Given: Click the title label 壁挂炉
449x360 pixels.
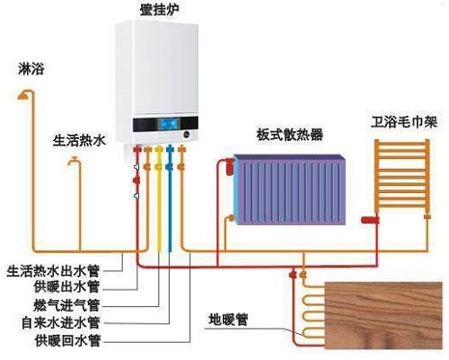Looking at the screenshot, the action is pyautogui.click(x=159, y=10).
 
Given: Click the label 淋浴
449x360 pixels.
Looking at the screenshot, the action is pyautogui.click(x=31, y=69).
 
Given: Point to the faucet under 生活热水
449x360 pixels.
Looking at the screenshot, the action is pyautogui.click(x=74, y=161).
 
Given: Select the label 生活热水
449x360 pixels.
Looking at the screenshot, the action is pyautogui.click(x=79, y=140).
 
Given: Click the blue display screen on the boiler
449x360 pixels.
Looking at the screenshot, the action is pyautogui.click(x=168, y=124).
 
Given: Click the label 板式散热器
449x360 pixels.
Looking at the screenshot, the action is pyautogui.click(x=290, y=135).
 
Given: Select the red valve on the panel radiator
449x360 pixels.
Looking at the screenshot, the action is pyautogui.click(x=230, y=167).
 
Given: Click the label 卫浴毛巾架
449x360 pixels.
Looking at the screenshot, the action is pyautogui.click(x=404, y=122).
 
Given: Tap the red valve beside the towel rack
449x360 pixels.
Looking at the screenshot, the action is pyautogui.click(x=370, y=220).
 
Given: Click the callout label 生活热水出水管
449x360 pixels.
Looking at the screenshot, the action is pyautogui.click(x=53, y=271).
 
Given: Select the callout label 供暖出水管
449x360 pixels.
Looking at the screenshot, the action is pyautogui.click(x=66, y=287).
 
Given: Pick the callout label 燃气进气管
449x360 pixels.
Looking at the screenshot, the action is pyautogui.click(x=66, y=305).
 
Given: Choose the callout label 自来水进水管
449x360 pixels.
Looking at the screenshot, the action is pyautogui.click(x=60, y=322).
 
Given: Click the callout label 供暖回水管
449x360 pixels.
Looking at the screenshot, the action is pyautogui.click(x=67, y=341).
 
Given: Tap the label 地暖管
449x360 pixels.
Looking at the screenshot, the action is pyautogui.click(x=228, y=320).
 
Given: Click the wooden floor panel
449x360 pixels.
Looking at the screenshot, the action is pyautogui.click(x=383, y=315).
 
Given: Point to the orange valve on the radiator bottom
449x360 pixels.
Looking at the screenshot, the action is pyautogui.click(x=230, y=218).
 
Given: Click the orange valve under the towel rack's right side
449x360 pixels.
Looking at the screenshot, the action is pyautogui.click(x=427, y=216).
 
